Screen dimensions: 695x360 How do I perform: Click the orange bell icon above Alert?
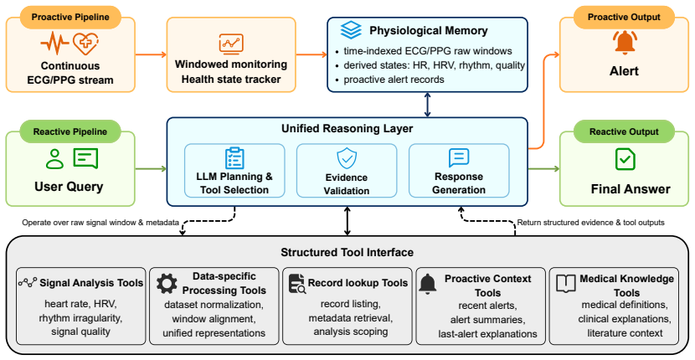pyautogui.click(x=624, y=43)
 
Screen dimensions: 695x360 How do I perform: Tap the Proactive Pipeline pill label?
pyautogui.click(x=70, y=18)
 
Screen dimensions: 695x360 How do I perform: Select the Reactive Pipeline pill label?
pyautogui.click(x=70, y=131)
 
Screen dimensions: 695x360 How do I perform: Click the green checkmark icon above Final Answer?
pyautogui.click(x=625, y=159)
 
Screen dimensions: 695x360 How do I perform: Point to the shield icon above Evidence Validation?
pyautogui.click(x=347, y=159)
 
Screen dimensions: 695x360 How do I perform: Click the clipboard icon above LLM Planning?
pyautogui.click(x=234, y=158)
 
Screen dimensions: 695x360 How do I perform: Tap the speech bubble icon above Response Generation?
pyautogui.click(x=459, y=157)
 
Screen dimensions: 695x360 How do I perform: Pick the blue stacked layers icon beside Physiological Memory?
pyautogui.click(x=351, y=29)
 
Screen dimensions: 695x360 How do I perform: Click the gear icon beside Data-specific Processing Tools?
pyautogui.click(x=167, y=284)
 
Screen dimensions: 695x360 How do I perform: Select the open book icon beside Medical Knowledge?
pyautogui.click(x=566, y=283)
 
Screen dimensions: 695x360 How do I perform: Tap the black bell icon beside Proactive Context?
pyautogui.click(x=428, y=284)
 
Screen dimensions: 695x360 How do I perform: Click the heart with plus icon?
pyautogui.click(x=85, y=44)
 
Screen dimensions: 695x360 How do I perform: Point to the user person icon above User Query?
pyautogui.click(x=55, y=159)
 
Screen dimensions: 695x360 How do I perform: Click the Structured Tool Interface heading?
pyautogui.click(x=347, y=252)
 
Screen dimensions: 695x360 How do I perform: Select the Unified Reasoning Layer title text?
pyautogui.click(x=347, y=129)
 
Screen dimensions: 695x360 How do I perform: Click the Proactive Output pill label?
pyautogui.click(x=624, y=18)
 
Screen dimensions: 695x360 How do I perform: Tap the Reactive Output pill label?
pyautogui.click(x=624, y=131)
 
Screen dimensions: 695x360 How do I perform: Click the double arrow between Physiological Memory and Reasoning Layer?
pyautogui.click(x=427, y=105)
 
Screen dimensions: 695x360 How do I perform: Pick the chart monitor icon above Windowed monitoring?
pyautogui.click(x=231, y=44)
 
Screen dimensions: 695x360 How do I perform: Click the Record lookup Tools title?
pyautogui.click(x=358, y=283)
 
